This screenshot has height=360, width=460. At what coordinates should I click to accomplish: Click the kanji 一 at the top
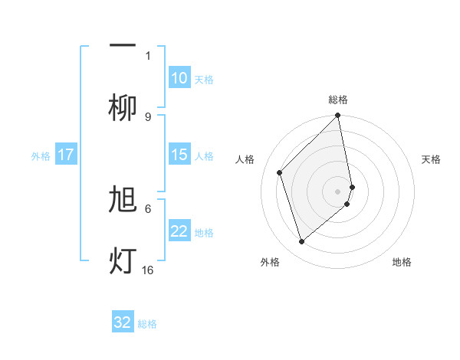[123, 45]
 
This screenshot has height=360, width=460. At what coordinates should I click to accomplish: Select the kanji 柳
[123, 107]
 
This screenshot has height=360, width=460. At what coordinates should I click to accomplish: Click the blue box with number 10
[179, 78]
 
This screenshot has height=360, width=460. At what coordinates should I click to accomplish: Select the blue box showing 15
[179, 155]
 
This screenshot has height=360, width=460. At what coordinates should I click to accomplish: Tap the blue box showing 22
[179, 232]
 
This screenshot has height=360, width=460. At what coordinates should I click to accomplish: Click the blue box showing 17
[66, 155]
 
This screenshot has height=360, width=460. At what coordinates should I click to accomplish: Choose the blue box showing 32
[123, 322]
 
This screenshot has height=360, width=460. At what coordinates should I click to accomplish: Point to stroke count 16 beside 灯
[148, 270]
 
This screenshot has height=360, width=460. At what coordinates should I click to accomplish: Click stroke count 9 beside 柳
[148, 116]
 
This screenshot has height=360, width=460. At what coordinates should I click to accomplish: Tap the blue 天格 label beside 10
[204, 79]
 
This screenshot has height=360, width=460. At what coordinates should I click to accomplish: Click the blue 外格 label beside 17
[41, 156]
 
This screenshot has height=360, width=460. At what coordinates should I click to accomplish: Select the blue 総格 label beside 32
[147, 323]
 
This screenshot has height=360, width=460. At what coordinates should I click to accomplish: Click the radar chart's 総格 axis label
[338, 100]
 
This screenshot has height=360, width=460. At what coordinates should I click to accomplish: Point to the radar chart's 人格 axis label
[245, 159]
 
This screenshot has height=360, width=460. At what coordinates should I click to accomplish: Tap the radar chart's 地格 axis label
[402, 262]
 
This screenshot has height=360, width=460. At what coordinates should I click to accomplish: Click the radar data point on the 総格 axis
[338, 116]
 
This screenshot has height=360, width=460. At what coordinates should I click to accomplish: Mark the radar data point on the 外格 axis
[302, 242]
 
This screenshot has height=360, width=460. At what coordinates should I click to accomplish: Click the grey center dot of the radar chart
[338, 191]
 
